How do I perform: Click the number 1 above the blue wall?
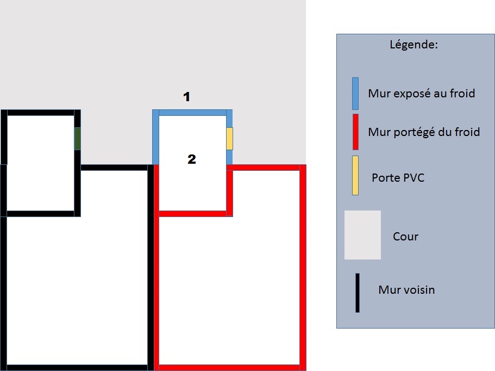click(x=186, y=97)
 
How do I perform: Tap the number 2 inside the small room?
click(x=191, y=159)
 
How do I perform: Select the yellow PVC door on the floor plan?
click(x=229, y=139)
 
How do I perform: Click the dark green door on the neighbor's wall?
click(x=78, y=138)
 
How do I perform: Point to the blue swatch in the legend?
click(x=355, y=94)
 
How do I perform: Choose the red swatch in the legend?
click(x=355, y=132)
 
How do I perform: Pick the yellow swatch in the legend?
click(x=355, y=175)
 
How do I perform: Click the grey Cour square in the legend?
click(x=362, y=235)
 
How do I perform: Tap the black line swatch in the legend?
click(x=358, y=293)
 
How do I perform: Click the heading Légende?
click(x=413, y=45)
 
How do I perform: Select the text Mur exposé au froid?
click(x=421, y=94)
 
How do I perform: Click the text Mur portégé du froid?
click(x=424, y=132)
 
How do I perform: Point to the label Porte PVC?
click(x=398, y=177)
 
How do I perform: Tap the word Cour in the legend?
click(x=405, y=237)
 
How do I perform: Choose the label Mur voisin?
click(x=406, y=289)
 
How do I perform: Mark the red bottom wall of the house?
click(x=228, y=367)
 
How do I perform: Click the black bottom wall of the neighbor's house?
click(x=76, y=367)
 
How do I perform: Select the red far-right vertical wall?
click(x=303, y=267)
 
